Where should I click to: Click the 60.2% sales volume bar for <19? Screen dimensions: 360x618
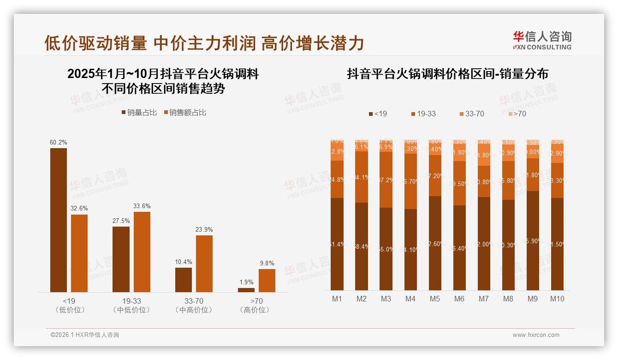click(59, 220)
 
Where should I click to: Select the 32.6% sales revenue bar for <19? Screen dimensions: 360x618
click(79, 253)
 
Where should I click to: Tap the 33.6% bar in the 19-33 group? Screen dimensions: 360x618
click(142, 252)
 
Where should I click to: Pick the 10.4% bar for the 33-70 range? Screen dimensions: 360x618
click(184, 280)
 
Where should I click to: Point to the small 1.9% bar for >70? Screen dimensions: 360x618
click(246, 290)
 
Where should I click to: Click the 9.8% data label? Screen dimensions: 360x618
click(267, 263)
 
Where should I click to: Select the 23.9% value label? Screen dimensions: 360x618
click(204, 229)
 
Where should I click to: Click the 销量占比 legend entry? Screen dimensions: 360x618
click(139, 112)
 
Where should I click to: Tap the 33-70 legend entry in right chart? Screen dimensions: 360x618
click(471, 114)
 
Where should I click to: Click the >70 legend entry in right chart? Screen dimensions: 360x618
click(517, 114)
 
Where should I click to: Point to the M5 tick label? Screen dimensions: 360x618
click(435, 299)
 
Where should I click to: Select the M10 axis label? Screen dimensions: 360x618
click(557, 299)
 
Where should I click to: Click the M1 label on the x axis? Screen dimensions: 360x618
click(337, 299)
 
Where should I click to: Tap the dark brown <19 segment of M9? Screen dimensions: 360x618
click(533, 240)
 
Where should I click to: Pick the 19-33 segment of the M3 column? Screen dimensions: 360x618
click(386, 180)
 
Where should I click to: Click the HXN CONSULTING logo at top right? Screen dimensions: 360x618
click(542, 41)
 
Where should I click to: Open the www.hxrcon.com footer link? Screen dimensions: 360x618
click(536, 335)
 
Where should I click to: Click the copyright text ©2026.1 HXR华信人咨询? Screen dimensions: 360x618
click(84, 335)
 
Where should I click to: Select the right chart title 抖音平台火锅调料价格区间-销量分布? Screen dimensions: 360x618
click(447, 74)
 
